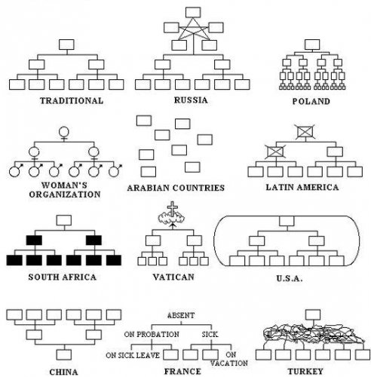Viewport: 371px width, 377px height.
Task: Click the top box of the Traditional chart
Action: pos(66,44)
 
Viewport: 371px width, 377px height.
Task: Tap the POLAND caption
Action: pos(311,101)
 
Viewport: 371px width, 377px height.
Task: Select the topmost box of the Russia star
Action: pos(193,12)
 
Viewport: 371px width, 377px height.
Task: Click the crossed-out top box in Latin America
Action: pos(305,132)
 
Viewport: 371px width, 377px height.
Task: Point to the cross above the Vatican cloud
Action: pos(173,208)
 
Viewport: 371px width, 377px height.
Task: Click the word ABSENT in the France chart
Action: pos(181,315)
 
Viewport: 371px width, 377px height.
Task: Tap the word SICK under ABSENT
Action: pos(210,335)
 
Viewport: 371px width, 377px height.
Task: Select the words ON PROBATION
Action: pos(152,335)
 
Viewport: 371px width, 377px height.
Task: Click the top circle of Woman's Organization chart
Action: pos(64,132)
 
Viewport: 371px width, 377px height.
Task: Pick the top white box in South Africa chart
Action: pos(64,220)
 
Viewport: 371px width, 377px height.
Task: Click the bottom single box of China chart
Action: pos(64,354)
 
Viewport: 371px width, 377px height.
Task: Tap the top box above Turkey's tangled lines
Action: pos(313,314)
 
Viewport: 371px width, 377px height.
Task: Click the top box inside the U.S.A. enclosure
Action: pos(287,221)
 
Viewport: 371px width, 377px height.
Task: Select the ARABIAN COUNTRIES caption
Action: pos(176,188)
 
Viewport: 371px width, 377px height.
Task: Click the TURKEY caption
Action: pos(305,371)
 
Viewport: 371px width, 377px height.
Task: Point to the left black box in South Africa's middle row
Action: pos(34,241)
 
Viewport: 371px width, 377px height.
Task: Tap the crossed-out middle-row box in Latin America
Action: pos(275,152)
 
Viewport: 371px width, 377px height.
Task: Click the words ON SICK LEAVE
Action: pos(133,355)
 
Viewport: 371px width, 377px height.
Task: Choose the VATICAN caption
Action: pos(173,277)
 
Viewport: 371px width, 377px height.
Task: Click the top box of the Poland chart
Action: pos(312,44)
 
